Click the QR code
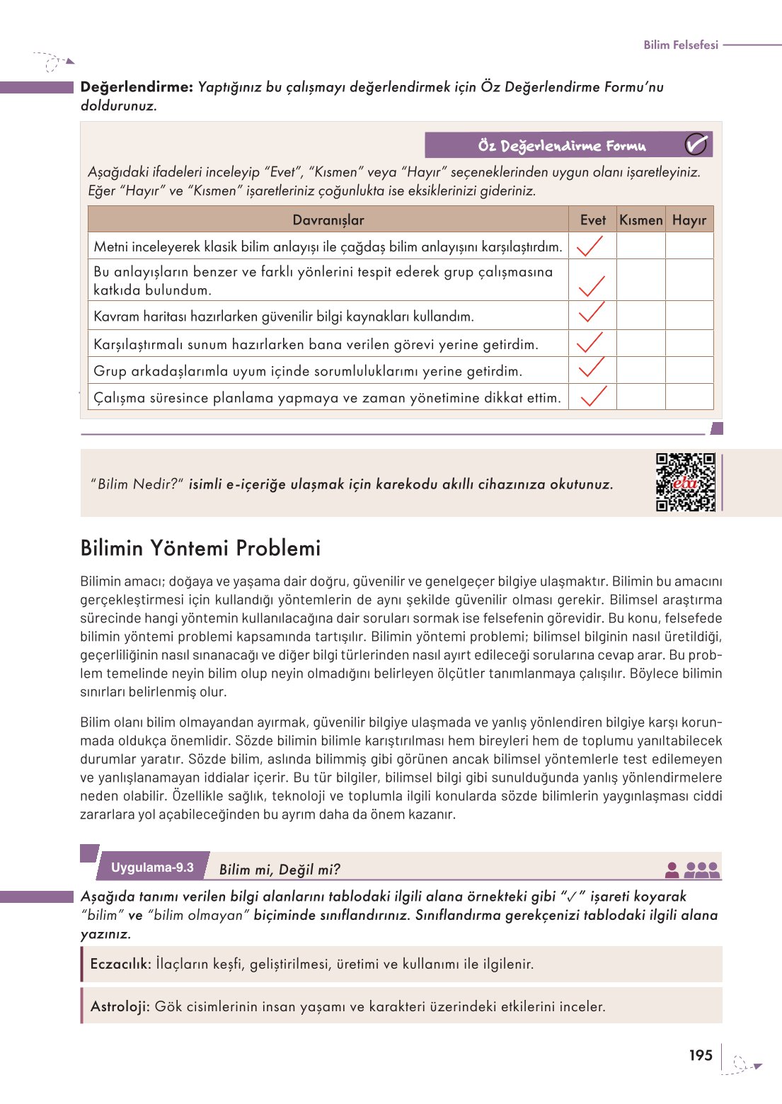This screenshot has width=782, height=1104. click(x=685, y=482)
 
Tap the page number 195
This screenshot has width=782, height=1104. click(x=700, y=1055)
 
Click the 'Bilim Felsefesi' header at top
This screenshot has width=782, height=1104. click(x=680, y=45)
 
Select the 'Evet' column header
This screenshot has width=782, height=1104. click(x=592, y=220)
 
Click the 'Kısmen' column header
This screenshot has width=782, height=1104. click(x=640, y=220)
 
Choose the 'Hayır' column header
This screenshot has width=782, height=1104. click(x=689, y=220)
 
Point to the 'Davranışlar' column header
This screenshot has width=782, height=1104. click(x=328, y=220)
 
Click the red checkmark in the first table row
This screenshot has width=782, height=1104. click(x=590, y=246)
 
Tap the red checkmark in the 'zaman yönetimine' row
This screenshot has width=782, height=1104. click(x=593, y=397)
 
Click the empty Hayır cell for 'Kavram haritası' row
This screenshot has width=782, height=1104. click(x=689, y=316)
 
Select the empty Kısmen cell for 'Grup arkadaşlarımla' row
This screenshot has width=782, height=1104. click(x=640, y=370)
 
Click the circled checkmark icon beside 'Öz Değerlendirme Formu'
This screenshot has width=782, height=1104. click(x=696, y=145)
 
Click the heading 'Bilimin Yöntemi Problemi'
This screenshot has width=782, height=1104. click(x=200, y=548)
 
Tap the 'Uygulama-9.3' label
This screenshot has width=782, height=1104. click(x=152, y=867)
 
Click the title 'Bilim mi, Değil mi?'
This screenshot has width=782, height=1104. click(x=280, y=870)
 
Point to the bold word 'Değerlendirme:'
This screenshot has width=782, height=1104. click(x=137, y=87)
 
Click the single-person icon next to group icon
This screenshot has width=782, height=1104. click(x=672, y=870)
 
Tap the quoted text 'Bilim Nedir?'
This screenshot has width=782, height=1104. click(x=137, y=484)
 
